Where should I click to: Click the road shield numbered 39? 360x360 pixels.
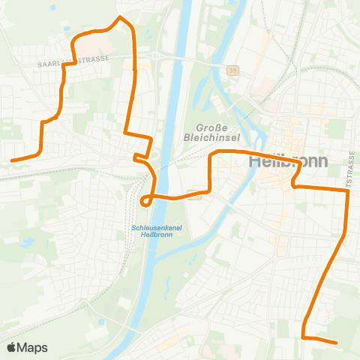point(233,69)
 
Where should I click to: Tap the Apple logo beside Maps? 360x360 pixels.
point(12,347)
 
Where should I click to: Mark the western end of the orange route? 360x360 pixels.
point(11,160)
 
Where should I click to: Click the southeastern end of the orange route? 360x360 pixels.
point(337,343)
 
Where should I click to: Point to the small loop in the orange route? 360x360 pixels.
point(145,199)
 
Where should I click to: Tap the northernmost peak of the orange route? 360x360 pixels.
point(120,16)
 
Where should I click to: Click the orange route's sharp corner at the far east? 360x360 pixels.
point(349,192)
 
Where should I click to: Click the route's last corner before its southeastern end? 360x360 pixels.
point(304,337)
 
